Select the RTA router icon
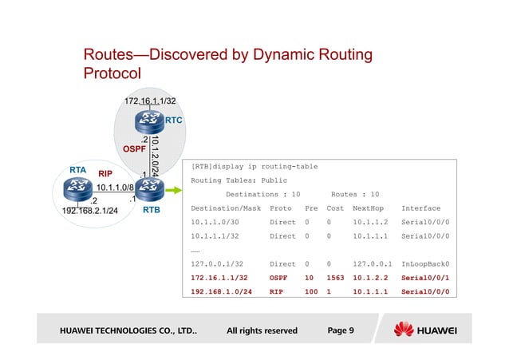pos(78,190)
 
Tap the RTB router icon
pos(149,190)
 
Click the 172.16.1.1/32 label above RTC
pos(150,101)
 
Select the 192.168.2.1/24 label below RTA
pos(90,212)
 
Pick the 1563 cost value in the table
pos(335,277)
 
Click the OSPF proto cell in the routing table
pos(278,277)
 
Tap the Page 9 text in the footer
pos(341,330)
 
